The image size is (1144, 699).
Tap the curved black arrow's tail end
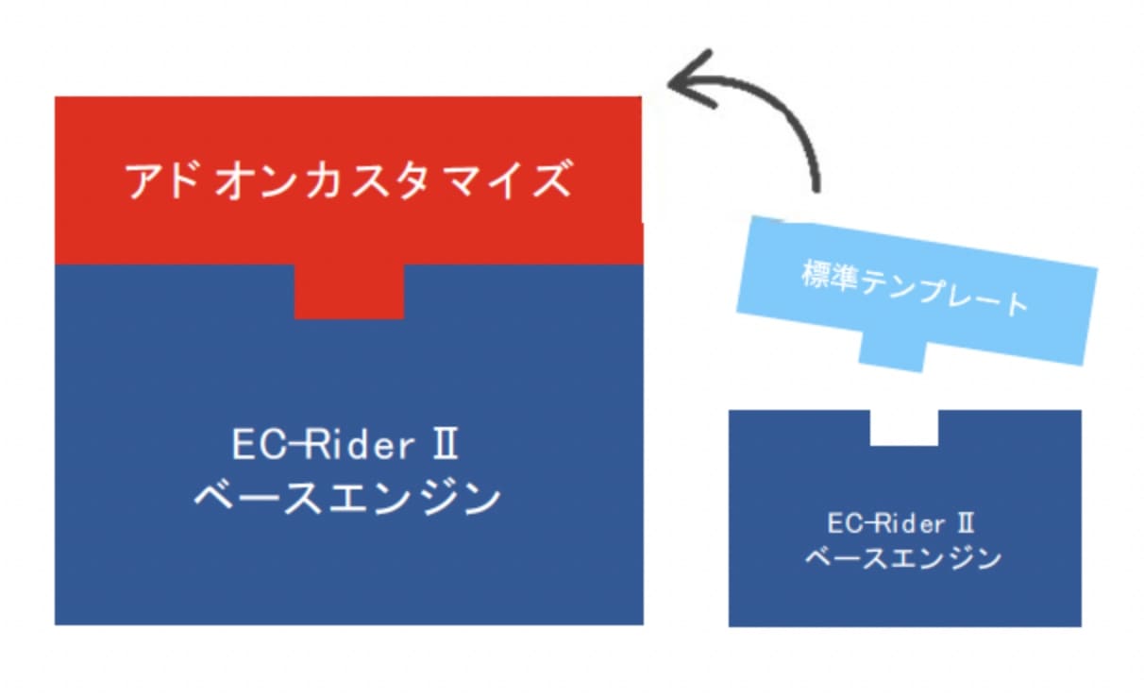point(815,187)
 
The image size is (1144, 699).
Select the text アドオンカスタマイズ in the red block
point(348,180)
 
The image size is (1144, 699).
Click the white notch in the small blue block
point(903,427)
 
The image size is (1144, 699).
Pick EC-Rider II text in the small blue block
point(900,522)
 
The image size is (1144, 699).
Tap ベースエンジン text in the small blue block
point(902,558)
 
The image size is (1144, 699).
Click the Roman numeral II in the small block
point(965,522)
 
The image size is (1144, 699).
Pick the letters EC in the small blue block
point(845,522)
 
